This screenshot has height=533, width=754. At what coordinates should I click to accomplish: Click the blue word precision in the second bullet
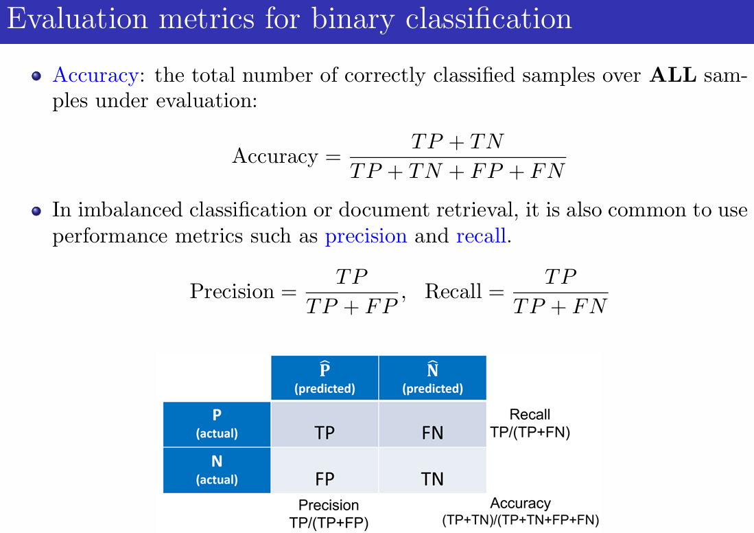(x=366, y=237)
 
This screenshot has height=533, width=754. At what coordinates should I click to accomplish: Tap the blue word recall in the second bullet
(x=480, y=237)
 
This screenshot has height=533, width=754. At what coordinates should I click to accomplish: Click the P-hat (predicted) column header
(x=325, y=378)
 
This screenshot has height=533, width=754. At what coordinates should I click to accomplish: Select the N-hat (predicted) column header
(x=432, y=378)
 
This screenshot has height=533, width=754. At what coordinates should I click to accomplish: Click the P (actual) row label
(x=217, y=424)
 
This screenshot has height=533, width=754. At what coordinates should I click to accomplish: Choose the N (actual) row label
(x=217, y=470)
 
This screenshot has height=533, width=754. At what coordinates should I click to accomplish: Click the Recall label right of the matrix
(x=530, y=415)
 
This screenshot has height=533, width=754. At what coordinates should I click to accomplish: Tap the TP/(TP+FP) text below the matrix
(x=329, y=523)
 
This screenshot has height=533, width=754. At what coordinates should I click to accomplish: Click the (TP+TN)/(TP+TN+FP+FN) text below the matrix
(x=521, y=521)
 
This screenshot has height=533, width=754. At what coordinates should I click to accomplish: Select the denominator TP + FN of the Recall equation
(x=560, y=306)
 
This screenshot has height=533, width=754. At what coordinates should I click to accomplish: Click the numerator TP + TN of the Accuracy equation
(x=457, y=142)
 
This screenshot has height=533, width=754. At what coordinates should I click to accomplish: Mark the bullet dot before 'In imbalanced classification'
(x=37, y=211)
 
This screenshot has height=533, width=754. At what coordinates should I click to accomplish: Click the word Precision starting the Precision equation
(x=231, y=291)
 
